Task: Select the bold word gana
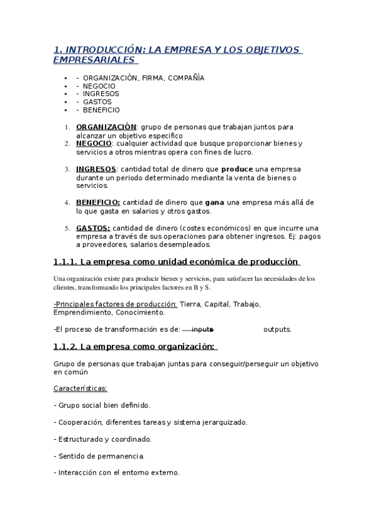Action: [215, 203]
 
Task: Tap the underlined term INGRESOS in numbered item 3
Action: [96, 169]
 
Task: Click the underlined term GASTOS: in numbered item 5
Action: [93, 228]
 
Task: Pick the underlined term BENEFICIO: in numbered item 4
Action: [98, 203]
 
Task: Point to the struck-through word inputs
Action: [202, 329]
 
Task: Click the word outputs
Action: [277, 329]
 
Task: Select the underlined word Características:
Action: [81, 388]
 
